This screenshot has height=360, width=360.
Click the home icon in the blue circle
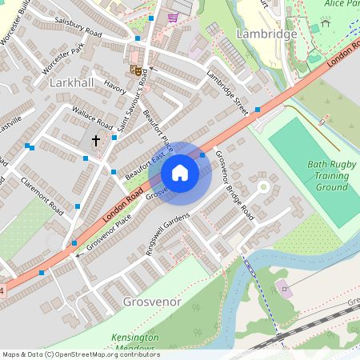coord(180,173)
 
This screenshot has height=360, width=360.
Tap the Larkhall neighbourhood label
coord(73,82)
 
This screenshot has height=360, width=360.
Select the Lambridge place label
coord(267,34)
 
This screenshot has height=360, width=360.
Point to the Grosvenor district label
coord(153,302)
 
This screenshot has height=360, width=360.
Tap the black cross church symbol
coord(96,141)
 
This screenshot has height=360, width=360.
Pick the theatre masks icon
coord(137,71)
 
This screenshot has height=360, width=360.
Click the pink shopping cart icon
coord(173,17)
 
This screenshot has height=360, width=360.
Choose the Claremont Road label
coord(42,196)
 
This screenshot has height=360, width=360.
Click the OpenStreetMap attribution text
coord(81,354)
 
